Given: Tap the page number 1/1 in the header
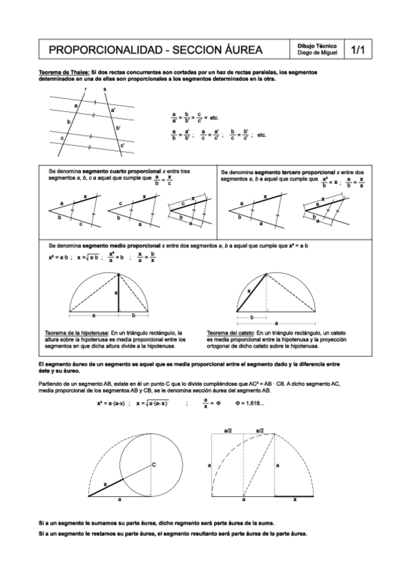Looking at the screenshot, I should click(x=357, y=50).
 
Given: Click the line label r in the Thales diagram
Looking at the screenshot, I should click(x=85, y=89).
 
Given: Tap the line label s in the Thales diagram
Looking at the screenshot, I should click(x=104, y=89).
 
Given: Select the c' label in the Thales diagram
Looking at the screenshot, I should click(x=122, y=145).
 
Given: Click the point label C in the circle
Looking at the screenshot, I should click(x=154, y=465).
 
